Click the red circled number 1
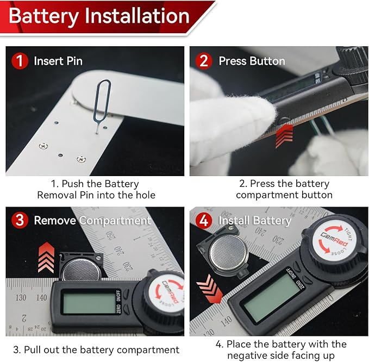click(20, 61)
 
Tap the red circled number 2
click(204, 61)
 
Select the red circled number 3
click(20, 220)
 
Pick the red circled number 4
click(204, 221)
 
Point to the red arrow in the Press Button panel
click(284, 136)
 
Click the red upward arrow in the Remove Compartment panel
click(46, 258)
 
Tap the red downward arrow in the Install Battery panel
click(209, 289)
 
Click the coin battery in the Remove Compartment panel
click(81, 270)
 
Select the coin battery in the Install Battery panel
click(228, 253)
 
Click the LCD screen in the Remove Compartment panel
click(90, 303)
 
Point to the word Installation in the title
click(137, 16)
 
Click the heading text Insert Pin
click(58, 61)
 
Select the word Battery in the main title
click(44, 16)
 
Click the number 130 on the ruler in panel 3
click(21, 297)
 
